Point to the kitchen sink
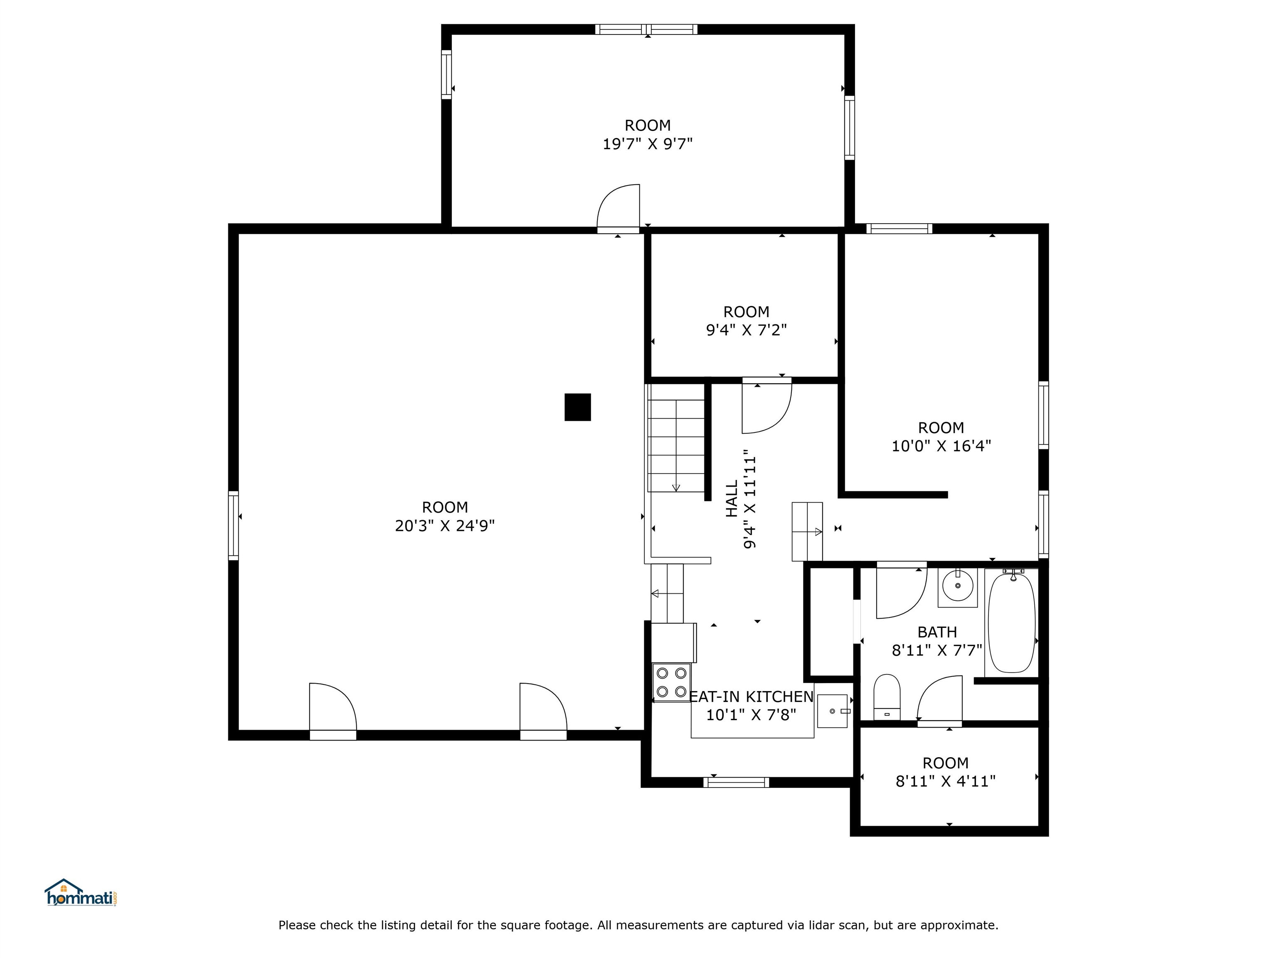pos(833,711)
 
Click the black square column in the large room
pos(577,407)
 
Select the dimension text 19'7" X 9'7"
pos(648,144)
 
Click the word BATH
pos(937,632)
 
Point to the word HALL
pos(732,499)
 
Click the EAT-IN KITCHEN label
pos(752,697)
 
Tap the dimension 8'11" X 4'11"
pos(946,781)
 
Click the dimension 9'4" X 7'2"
pos(747,330)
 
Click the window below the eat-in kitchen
pos(736,783)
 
